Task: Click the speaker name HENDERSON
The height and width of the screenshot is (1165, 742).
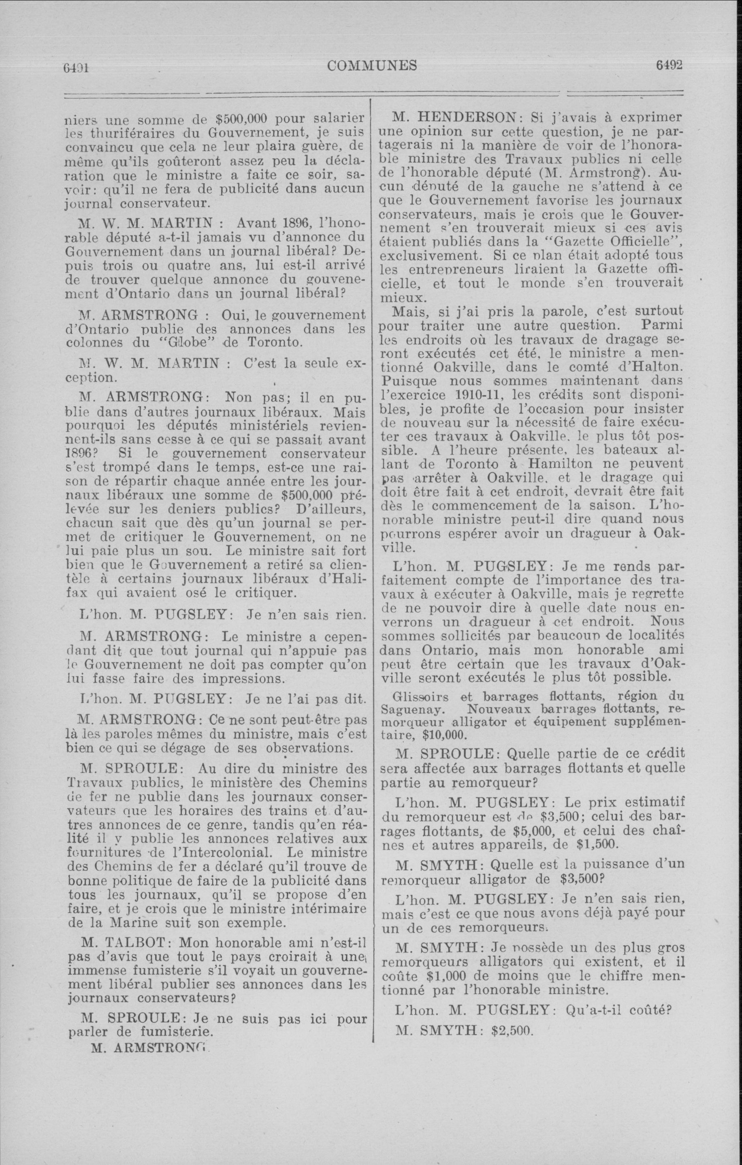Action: tap(466, 117)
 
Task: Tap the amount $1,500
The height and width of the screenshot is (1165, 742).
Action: tap(590, 845)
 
